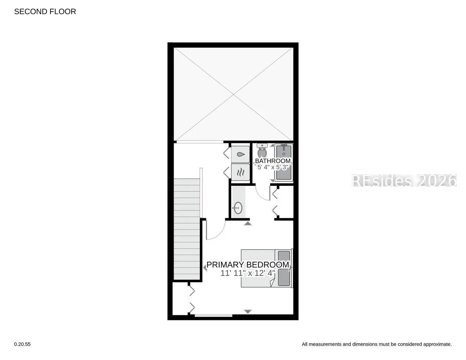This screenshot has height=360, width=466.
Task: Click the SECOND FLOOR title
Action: click(x=45, y=12)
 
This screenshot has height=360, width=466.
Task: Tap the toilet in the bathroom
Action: click(x=262, y=150)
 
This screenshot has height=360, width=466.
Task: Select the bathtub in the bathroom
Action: click(x=284, y=162)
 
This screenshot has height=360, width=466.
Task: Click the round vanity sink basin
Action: click(x=238, y=208)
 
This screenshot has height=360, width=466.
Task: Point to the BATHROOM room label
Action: click(x=273, y=161)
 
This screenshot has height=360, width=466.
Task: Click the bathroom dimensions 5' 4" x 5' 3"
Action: click(x=273, y=167)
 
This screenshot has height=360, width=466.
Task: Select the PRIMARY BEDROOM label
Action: click(x=248, y=265)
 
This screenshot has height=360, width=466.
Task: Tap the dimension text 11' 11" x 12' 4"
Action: click(x=248, y=273)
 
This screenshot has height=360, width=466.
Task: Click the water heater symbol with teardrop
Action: click(x=241, y=154)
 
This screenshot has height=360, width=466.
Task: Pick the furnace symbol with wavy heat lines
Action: click(x=241, y=172)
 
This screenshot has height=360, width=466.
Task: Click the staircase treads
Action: click(x=187, y=229)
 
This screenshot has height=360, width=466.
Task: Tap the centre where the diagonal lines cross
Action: click(x=233, y=94)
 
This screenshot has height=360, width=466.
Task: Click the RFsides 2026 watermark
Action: click(x=404, y=180)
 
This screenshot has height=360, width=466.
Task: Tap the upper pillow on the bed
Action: click(x=284, y=258)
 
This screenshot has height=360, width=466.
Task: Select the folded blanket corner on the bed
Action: click(x=272, y=283)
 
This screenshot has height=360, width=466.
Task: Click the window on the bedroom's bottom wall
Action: click(x=214, y=315)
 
